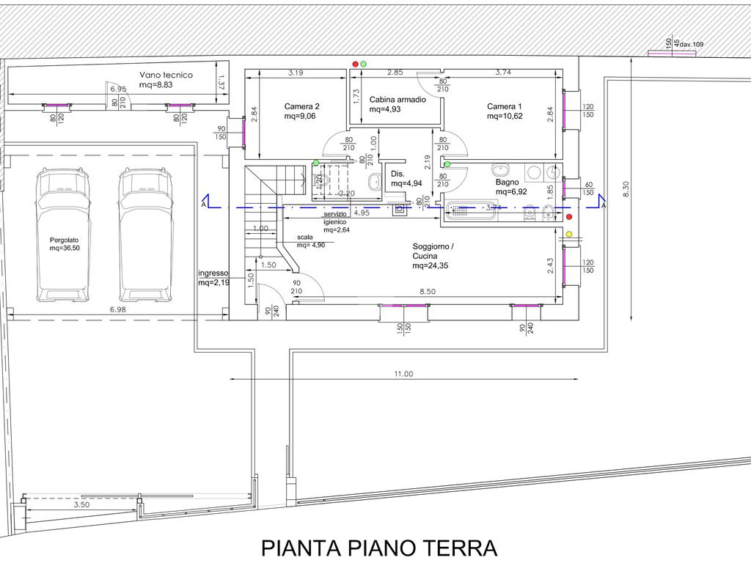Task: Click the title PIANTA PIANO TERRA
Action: click(379, 548)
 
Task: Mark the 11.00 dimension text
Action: click(403, 374)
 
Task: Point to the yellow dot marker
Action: click(569, 235)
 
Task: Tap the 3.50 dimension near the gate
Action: click(82, 505)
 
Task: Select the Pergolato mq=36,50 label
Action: click(64, 244)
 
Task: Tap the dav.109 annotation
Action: click(692, 45)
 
